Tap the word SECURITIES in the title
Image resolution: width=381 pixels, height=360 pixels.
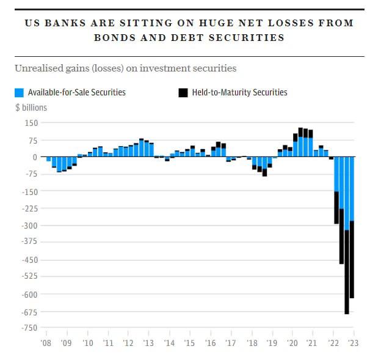pos(251,37)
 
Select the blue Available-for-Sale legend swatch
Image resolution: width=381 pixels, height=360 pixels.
pos(19,93)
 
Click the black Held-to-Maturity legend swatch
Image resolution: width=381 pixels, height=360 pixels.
pos(183,93)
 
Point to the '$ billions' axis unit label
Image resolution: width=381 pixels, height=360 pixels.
pos(31,108)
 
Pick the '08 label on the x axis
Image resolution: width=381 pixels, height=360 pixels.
pos(46,343)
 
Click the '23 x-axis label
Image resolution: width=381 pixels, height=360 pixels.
pos(354,343)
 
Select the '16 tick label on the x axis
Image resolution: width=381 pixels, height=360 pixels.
pos(210,343)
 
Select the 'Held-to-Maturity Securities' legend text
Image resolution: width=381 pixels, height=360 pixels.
pos(239,93)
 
